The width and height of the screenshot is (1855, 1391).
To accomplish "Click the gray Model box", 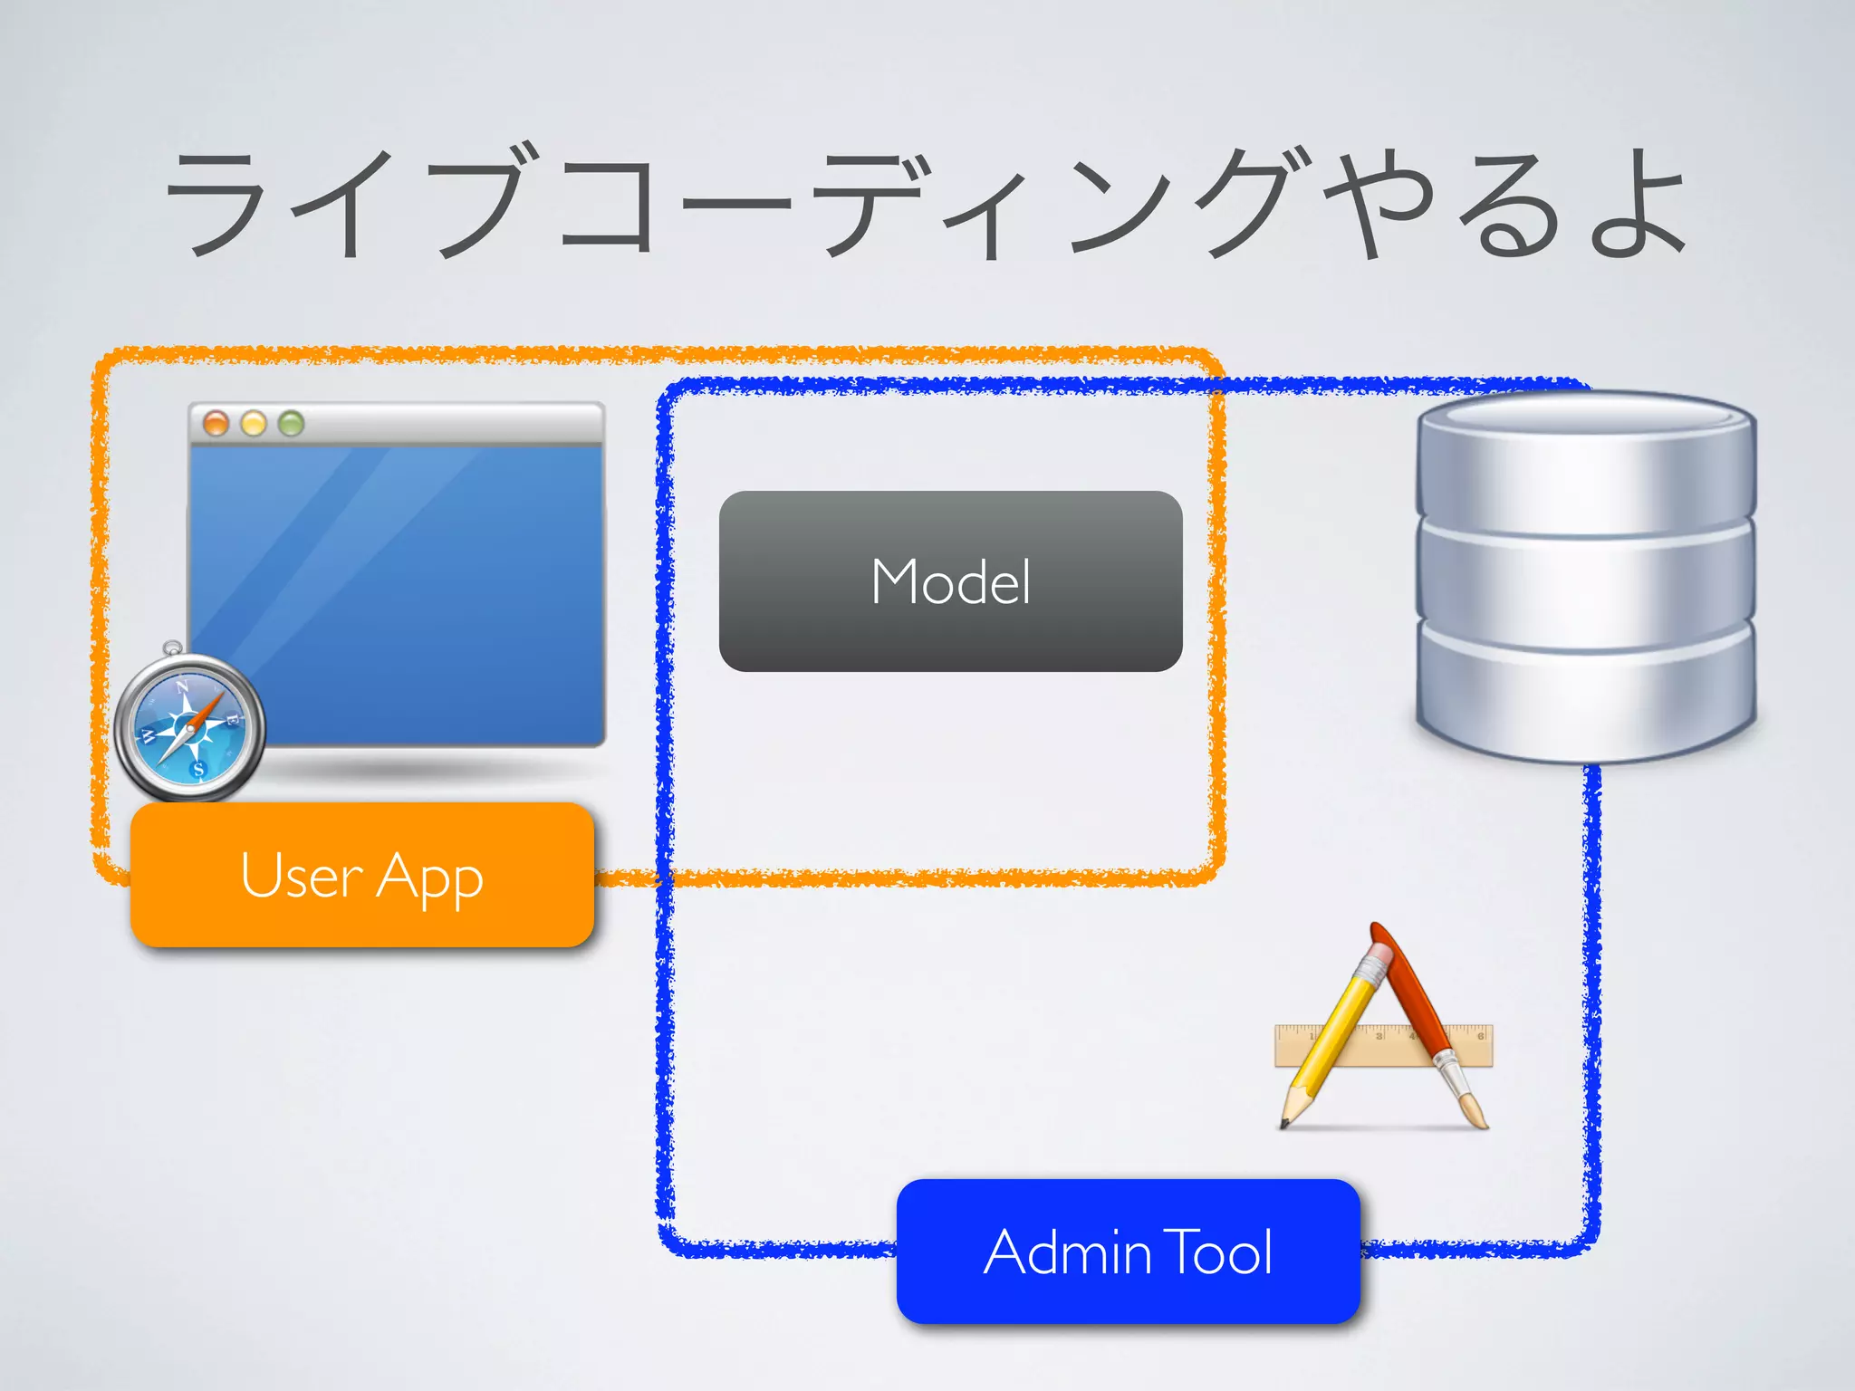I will pos(950,580).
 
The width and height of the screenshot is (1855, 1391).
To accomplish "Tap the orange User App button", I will pos(361,875).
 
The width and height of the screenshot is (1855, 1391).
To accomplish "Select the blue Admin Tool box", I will pos(1128,1252).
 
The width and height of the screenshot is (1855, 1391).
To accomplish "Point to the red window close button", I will pos(216,423).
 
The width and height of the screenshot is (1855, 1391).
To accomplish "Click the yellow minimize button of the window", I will pos(254,423).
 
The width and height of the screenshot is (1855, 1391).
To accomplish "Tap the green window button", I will pos(291,423).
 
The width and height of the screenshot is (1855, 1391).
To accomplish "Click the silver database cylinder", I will pos(1585,580).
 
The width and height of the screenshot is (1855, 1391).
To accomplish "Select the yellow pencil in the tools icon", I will pos(1331,1032).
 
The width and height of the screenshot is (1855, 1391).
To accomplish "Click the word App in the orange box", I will pos(429,877).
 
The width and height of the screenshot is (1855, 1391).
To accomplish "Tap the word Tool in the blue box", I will pos(1218,1252).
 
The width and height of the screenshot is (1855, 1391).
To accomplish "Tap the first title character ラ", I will pos(217,204).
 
